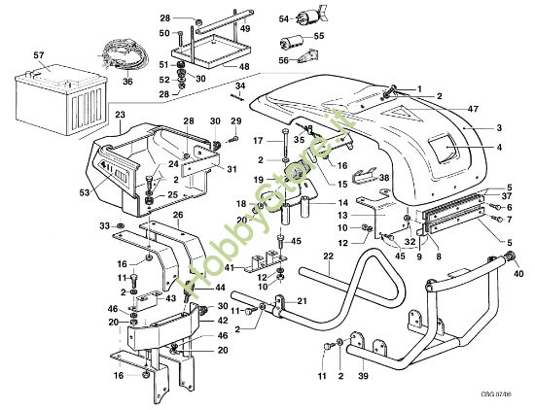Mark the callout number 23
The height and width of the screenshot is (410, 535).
point(120,116)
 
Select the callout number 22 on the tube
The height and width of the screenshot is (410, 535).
point(329,256)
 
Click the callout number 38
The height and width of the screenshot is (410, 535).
point(384,179)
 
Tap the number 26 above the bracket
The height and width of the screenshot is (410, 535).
point(178,215)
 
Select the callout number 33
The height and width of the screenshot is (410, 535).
point(105,226)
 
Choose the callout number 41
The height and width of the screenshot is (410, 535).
point(229,268)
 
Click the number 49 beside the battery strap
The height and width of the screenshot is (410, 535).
point(246,29)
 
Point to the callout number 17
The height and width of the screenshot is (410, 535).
point(259,141)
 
